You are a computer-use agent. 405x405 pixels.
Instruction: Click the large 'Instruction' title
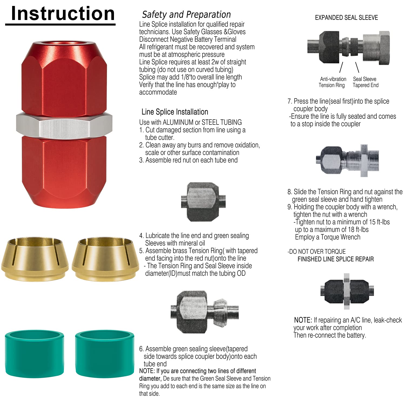pos(63,13)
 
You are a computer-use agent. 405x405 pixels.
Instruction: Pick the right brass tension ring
pos(105,259)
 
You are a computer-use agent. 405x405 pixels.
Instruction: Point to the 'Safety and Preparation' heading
pos(186,15)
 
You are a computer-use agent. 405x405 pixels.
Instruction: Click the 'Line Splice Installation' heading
pos(175,112)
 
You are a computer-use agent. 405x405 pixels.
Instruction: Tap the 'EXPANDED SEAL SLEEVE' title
pos(346,18)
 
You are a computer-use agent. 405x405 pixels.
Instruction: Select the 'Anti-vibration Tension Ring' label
pos(332,82)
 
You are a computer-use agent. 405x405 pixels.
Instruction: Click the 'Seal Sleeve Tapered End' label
pos(365,82)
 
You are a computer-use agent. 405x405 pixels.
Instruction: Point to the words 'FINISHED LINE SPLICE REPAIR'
pos(336,259)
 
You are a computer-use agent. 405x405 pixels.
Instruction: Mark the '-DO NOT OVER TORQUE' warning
pos(316,252)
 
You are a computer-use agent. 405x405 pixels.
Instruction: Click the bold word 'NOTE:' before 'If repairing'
pos(303,320)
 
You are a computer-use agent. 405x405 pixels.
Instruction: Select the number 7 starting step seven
pos(289,102)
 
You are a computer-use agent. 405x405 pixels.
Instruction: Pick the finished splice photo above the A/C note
pos(347,291)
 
